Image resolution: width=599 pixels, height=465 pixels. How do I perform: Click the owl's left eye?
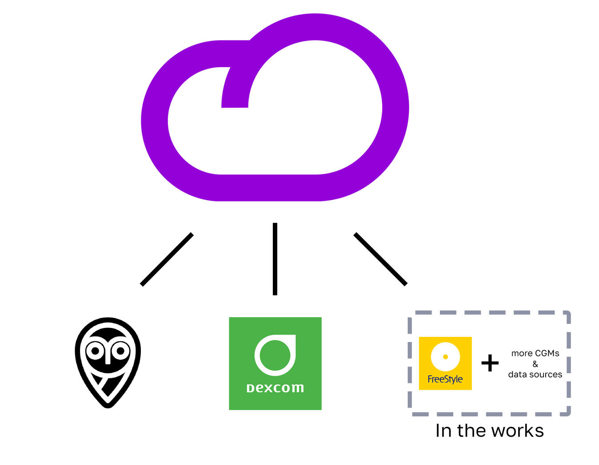coord(95,351)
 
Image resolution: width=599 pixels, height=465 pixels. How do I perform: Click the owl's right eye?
coord(120,351)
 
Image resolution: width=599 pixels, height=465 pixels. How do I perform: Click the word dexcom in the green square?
coord(275,388)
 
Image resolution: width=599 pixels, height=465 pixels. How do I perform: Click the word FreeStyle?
coord(445,379)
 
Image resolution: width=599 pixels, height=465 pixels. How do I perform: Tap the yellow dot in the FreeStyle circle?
coord(445,356)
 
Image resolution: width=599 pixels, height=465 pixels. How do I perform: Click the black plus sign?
coord(490,363)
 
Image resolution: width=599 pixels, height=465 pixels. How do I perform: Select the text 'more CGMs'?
coord(535,353)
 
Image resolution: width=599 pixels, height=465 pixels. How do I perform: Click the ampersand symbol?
coord(535,364)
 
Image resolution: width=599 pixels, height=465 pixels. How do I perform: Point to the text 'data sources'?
coord(535,375)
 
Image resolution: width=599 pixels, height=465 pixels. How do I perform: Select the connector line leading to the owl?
coord(167,259)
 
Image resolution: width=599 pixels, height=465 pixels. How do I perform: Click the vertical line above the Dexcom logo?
coord(275,259)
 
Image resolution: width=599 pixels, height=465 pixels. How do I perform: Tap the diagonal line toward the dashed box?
coord(380,259)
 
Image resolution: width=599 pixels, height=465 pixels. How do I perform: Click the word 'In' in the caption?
coord(443,431)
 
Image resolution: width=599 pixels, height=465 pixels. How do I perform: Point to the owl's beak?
coord(108,357)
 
